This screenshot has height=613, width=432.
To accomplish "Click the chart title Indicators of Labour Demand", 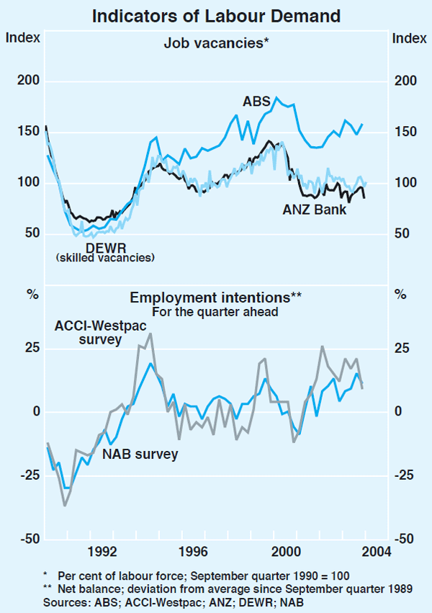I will pos(215,14).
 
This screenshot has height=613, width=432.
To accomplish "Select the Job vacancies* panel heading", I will pos(216,42).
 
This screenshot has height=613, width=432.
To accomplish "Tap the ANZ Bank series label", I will pos(315,210).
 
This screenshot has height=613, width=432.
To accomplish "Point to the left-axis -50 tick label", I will pos(28,538).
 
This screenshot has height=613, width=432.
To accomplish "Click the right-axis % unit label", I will pos(402,294).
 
